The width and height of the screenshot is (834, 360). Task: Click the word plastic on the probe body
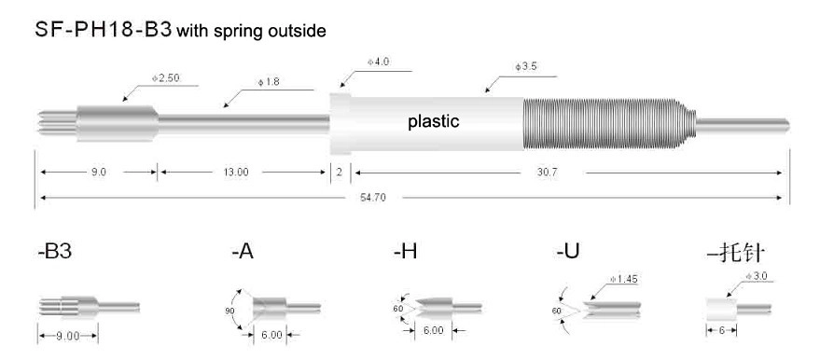pos(433,122)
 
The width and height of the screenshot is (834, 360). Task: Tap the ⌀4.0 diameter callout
pos(378,62)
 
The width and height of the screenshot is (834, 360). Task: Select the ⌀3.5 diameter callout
pos(526,67)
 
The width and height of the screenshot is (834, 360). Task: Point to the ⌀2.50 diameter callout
pos(165,77)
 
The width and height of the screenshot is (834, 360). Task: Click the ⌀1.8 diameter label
pos(269,82)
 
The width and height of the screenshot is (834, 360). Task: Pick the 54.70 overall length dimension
pos(373,198)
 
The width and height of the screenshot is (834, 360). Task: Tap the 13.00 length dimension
pos(236,173)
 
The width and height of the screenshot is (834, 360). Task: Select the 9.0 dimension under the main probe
pos(99,173)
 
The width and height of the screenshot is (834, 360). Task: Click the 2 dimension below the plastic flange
pos(339,173)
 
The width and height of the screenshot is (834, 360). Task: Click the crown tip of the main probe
pos(58,123)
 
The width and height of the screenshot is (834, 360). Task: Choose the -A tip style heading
pos(243,252)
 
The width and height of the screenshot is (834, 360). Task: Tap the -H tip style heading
pos(405,252)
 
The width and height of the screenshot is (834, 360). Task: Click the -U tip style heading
pos(567,252)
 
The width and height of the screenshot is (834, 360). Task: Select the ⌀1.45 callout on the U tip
pos(624,279)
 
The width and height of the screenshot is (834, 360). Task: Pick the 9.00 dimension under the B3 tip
pos(67,336)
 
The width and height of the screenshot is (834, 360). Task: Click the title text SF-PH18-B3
pos(104,29)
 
